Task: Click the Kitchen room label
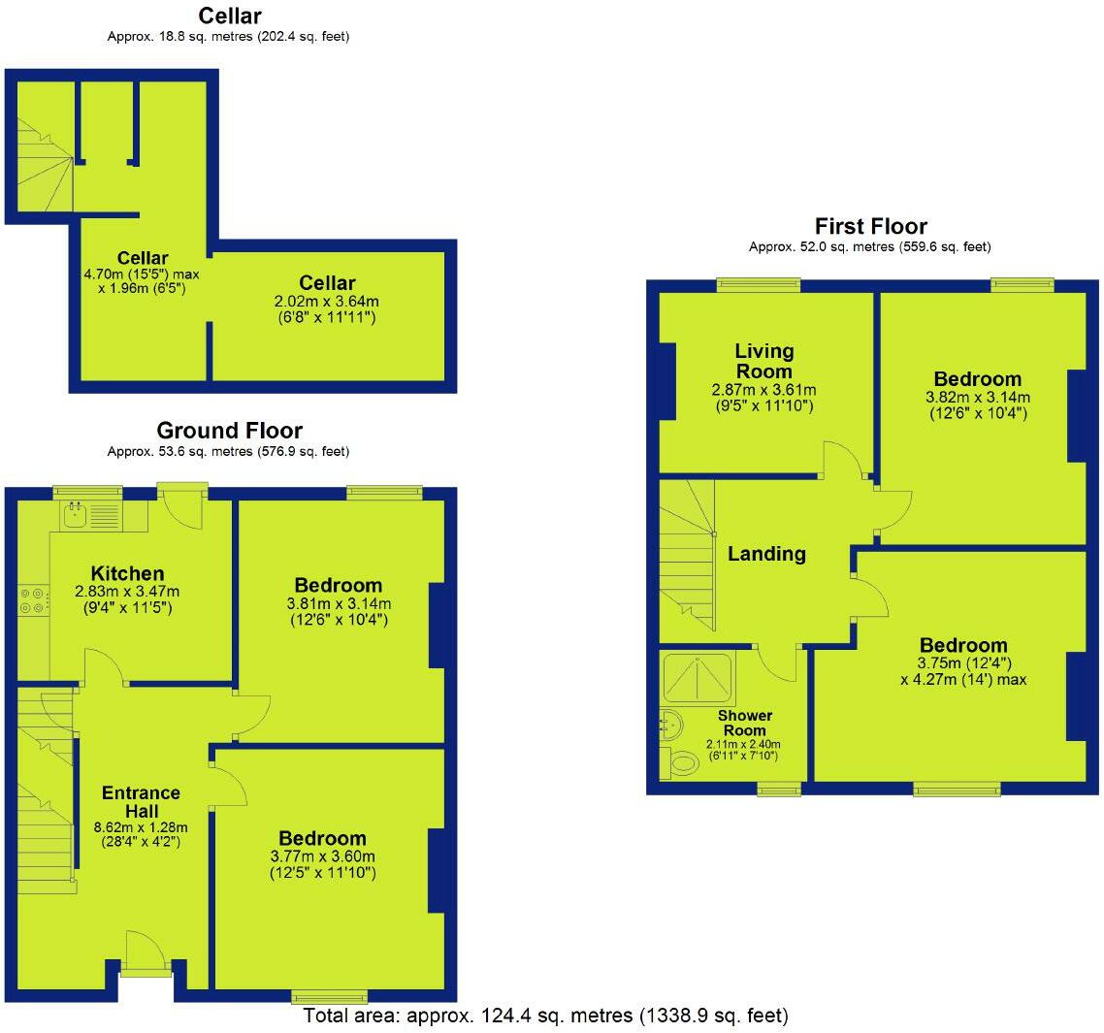click(x=127, y=573)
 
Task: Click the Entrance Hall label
click(x=142, y=801)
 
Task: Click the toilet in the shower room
click(x=681, y=763)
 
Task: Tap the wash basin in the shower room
click(x=670, y=723)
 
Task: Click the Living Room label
click(x=763, y=361)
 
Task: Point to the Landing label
click(x=766, y=554)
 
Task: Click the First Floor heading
click(x=870, y=226)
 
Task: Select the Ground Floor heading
click(x=229, y=431)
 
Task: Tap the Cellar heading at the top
click(x=229, y=16)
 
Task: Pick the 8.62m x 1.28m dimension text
click(x=142, y=827)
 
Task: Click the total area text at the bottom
click(x=545, y=1016)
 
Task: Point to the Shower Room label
click(x=744, y=723)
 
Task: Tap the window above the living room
click(x=759, y=284)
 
